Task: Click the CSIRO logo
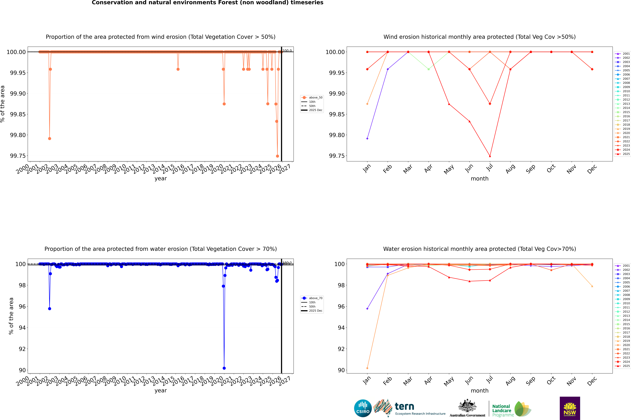[x=363, y=408]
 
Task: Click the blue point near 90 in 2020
[x=224, y=368]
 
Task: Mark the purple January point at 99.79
[x=367, y=138]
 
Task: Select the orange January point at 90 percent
[x=367, y=368]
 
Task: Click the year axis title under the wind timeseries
[x=161, y=178]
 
